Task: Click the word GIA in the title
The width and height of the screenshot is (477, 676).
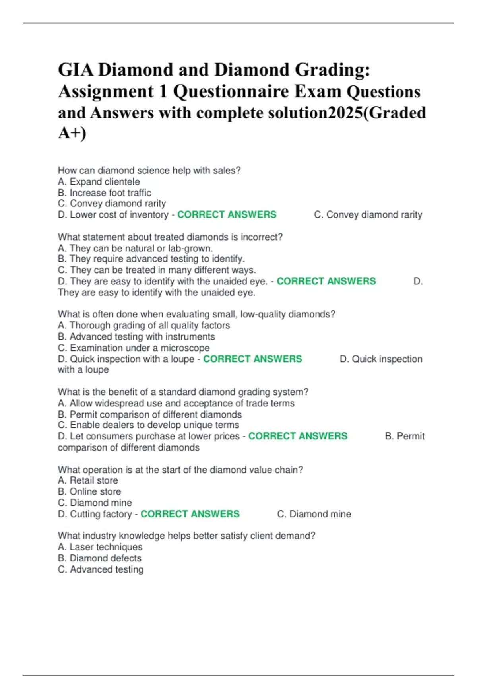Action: point(76,70)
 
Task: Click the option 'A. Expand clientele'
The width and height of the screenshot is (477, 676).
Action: point(99,182)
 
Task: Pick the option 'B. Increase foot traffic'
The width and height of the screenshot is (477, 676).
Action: point(105,193)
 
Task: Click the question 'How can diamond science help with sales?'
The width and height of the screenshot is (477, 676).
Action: point(149,171)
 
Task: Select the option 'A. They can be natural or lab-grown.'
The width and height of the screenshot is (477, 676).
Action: point(135,248)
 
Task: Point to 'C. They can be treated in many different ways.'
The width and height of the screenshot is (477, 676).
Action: point(157,270)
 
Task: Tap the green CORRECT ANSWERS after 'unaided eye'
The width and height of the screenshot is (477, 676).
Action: point(326,281)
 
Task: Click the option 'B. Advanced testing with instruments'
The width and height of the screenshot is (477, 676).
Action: point(136,336)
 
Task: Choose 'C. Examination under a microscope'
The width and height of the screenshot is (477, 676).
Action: point(134,348)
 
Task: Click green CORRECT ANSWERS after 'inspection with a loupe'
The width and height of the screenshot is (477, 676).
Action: point(252,359)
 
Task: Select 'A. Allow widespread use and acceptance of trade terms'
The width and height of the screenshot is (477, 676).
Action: point(176,403)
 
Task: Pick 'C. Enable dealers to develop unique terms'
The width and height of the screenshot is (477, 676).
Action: point(148,425)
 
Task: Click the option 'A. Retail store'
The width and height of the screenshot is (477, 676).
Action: point(88,480)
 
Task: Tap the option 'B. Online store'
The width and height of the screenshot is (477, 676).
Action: point(89,491)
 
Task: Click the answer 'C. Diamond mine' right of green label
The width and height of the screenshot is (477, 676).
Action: point(314,514)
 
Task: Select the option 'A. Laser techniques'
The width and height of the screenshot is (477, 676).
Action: point(100,547)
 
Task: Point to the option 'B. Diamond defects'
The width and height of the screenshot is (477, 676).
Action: point(99,558)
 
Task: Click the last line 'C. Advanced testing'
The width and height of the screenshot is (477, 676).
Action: point(101,569)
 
